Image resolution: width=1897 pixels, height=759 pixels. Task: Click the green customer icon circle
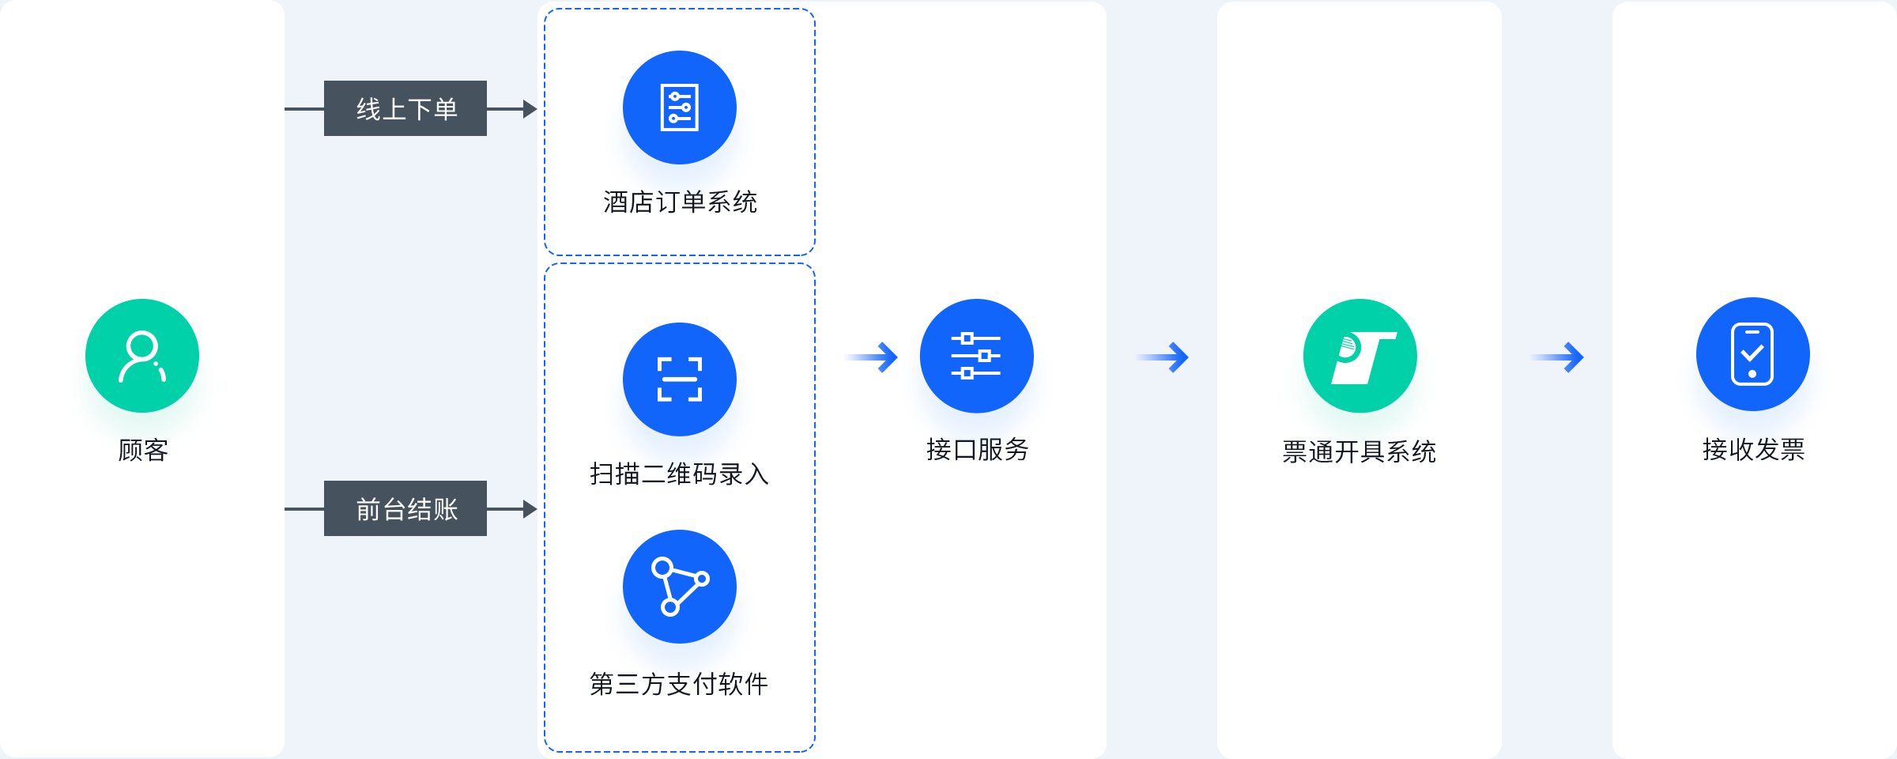pos(142,356)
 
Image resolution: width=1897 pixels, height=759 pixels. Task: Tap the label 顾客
pos(143,451)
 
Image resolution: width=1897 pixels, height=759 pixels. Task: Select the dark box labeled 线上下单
pos(405,108)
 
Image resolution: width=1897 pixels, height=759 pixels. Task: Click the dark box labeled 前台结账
pos(405,508)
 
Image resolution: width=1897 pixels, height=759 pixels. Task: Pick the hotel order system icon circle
pos(680,108)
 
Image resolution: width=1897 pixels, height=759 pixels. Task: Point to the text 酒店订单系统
pos(680,202)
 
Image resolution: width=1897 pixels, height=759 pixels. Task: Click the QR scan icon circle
pos(680,379)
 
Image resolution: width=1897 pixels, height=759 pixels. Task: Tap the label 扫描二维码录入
pos(680,474)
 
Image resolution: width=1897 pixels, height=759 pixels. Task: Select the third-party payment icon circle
pos(680,587)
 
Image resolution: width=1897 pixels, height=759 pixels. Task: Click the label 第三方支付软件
pos(679,684)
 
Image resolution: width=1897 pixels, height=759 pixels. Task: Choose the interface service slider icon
pos(977,356)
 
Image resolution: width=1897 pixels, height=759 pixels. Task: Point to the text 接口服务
pos(978,450)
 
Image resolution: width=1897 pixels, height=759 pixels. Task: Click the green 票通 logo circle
pos(1360,356)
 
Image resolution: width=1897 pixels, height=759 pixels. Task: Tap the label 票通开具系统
pos(1360,452)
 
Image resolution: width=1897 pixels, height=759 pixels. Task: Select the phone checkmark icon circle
pos(1753,354)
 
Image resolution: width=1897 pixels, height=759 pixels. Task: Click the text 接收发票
pos(1754,450)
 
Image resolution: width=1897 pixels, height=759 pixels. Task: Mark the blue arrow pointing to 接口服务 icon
pos(872,357)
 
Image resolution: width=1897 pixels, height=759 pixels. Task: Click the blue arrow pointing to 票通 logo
pos(1163,357)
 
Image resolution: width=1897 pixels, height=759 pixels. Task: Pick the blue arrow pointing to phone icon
pos(1558,357)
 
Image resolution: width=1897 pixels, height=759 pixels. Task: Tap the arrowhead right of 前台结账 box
pos(530,509)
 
